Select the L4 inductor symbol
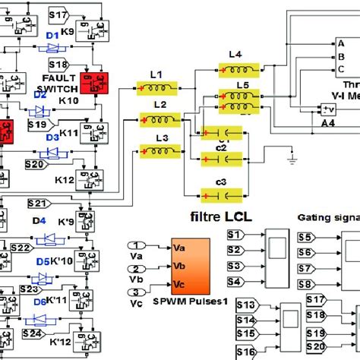tap(234, 68)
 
